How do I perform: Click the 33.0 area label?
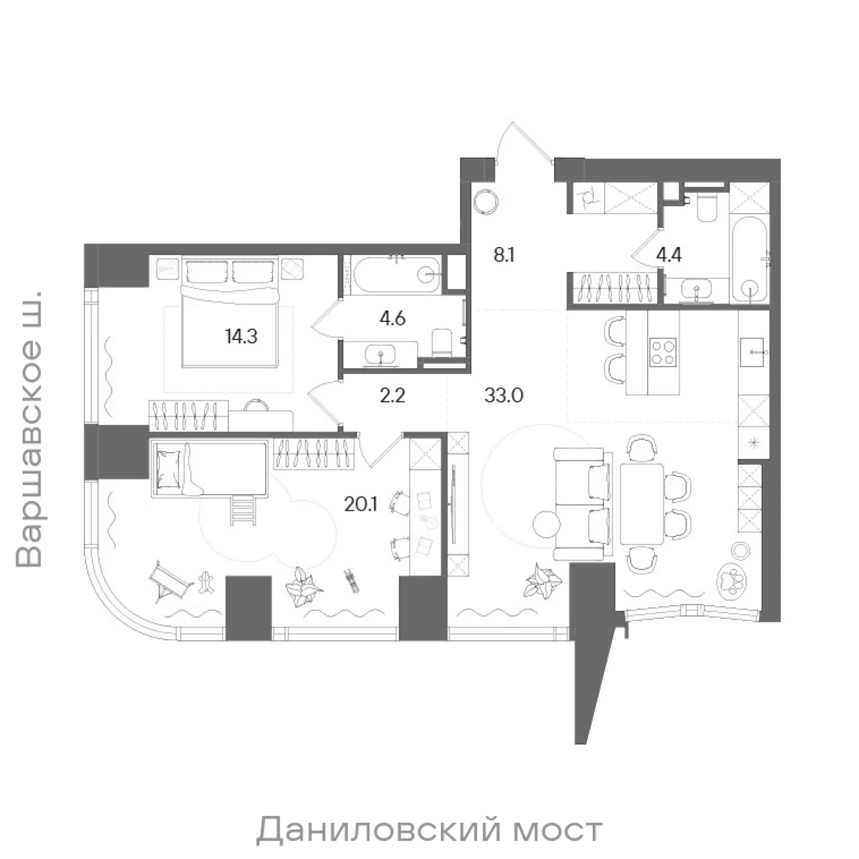[504, 395]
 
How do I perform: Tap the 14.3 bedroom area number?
[242, 336]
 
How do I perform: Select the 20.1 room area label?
[360, 503]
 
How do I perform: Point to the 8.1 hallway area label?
[504, 255]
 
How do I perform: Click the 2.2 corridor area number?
[393, 395]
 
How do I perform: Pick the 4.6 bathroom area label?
[393, 317]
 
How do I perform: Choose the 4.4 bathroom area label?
[669, 254]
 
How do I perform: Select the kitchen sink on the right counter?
[752, 352]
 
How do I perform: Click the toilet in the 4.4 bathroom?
[705, 207]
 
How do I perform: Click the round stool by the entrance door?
[486, 202]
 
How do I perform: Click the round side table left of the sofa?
[545, 523]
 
